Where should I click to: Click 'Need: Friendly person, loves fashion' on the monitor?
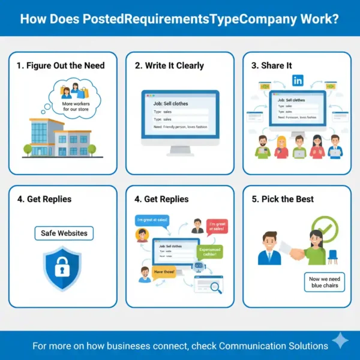coord(179,127)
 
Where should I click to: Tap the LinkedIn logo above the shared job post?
coord(297,80)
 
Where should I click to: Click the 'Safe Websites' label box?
coord(64,233)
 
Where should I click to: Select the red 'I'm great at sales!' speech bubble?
coord(218,227)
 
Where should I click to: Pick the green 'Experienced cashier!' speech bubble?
coord(209,252)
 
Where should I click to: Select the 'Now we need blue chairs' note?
coord(323,282)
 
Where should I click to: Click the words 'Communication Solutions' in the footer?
coord(273,346)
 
